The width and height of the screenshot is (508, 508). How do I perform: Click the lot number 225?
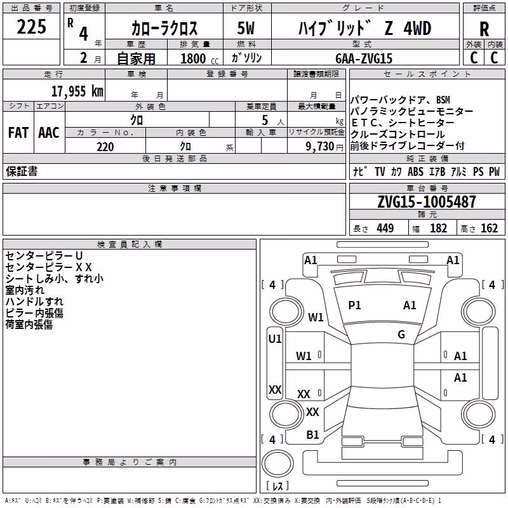31,27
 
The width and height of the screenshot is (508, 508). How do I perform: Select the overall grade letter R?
484,29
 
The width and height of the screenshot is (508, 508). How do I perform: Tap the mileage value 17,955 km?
77,91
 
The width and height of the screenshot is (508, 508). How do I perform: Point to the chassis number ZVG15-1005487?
427,201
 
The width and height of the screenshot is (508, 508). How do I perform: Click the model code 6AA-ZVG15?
364,58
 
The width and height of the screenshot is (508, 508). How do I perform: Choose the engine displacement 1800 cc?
199,58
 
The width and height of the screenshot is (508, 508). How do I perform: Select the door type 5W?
246,28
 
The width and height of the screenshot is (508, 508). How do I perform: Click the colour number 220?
105,147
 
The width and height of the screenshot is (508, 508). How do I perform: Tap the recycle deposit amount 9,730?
320,146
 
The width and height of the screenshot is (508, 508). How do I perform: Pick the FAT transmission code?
18,133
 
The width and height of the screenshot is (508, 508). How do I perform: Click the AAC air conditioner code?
49,133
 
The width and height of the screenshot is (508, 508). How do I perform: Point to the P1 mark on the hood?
354,305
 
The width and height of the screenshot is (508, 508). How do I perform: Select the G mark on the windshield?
401,335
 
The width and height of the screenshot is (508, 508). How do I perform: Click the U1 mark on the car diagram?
275,339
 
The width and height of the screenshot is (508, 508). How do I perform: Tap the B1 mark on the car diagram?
312,435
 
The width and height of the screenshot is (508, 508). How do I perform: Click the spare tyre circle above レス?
277,464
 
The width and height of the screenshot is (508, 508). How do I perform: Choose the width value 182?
438,229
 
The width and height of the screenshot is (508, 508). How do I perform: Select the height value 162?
489,229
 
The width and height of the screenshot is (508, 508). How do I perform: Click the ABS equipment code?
415,171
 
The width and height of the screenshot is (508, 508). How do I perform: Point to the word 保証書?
22,171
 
